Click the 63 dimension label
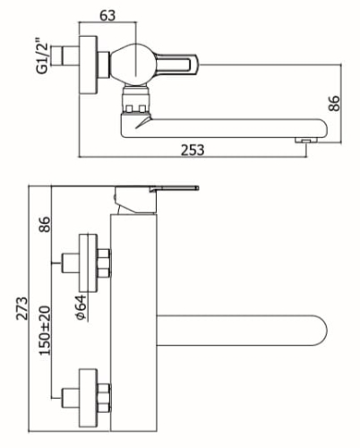[107, 15]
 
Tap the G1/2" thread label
[42, 56]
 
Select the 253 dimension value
[193, 150]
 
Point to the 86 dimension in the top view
[334, 103]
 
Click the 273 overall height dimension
[21, 308]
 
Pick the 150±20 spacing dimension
[45, 331]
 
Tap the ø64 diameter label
[81, 307]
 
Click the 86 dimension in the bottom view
[45, 224]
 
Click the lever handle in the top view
[176, 65]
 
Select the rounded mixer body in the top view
[132, 65]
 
